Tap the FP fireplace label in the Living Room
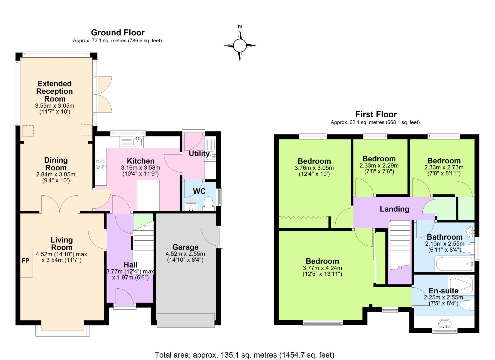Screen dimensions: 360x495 pos(25,261)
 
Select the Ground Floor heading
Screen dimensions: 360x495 pos(118,33)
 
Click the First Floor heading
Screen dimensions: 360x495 pos(376,114)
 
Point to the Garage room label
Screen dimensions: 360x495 pos(185,247)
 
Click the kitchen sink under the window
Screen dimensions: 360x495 pos(138,142)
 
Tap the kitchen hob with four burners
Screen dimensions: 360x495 pos(100,164)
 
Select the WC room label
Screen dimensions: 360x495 pos(199,191)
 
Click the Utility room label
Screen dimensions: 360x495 pos(199,154)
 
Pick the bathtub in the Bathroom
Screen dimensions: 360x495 pos(454,264)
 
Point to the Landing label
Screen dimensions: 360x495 pos(394,209)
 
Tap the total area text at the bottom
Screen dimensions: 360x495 pos(244,355)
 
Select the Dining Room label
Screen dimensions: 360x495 pos(56,164)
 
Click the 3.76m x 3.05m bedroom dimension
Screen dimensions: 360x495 pos(314,168)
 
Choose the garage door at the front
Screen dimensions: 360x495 pos(186,320)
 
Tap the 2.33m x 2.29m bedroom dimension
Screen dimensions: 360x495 pos(379,166)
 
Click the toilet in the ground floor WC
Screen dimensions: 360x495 pos(208,203)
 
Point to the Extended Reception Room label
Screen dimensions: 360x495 pos(55,91)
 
